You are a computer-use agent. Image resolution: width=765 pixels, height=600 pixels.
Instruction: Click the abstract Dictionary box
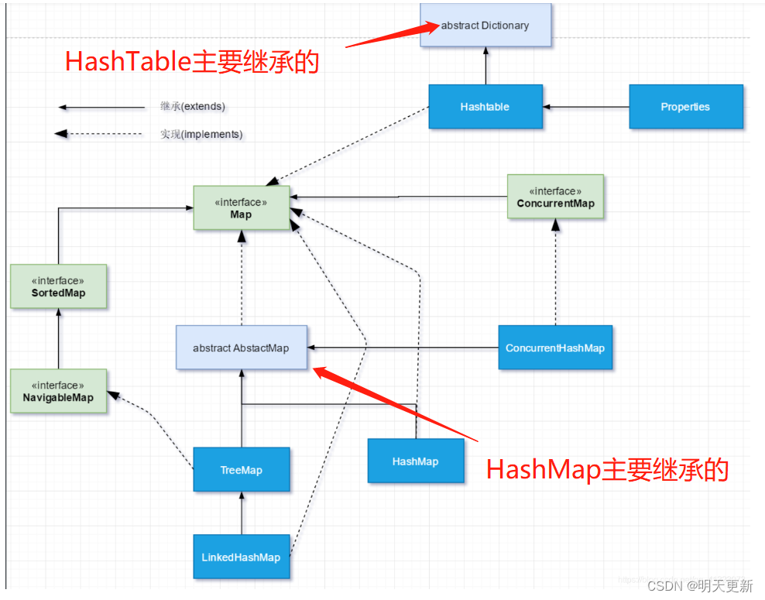485,26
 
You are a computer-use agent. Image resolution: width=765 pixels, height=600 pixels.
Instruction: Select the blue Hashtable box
485,107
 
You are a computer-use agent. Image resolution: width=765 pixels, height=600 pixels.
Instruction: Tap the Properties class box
685,107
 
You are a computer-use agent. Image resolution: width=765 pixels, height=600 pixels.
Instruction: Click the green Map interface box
241,208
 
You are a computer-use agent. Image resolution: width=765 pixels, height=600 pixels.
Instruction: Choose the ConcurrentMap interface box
555,197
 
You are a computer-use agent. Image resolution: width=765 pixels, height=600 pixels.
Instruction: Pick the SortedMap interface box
58,287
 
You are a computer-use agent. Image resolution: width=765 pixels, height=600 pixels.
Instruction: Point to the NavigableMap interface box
58,392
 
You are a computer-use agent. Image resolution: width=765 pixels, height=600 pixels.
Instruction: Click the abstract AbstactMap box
241,348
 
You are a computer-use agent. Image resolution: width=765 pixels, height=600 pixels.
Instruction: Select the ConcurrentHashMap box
554,348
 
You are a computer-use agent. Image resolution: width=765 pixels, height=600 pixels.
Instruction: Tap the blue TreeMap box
241,470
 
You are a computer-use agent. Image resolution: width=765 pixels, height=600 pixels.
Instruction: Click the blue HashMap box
415,461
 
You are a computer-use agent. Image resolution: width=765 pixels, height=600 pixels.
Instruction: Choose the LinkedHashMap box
241,557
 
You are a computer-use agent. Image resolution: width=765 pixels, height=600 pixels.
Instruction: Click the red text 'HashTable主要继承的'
192,62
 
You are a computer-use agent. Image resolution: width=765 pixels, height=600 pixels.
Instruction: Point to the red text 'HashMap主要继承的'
607,469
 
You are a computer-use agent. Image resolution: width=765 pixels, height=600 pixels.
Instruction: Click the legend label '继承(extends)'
193,106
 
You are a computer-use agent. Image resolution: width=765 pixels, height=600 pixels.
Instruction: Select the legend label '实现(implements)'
201,134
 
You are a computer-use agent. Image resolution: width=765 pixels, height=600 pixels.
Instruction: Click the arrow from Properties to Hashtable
586,107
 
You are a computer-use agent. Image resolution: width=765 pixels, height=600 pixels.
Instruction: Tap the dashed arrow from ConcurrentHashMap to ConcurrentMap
555,271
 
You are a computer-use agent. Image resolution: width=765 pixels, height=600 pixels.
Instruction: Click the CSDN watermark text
699,585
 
